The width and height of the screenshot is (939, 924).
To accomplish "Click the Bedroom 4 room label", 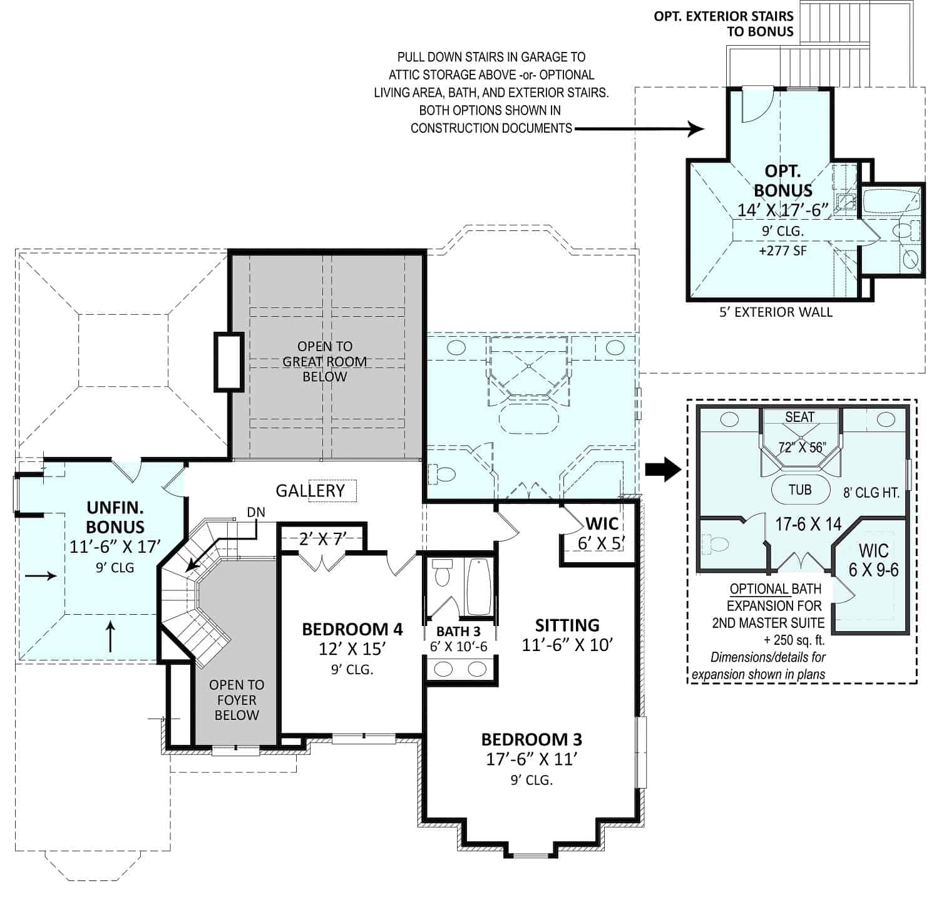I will coord(352,629).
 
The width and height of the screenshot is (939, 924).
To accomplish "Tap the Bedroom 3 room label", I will coord(531,739).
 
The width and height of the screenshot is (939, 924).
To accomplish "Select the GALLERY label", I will coord(310,491).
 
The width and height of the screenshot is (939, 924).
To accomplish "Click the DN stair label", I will coord(256,512).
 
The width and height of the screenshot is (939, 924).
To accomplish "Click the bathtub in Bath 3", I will coord(479,586).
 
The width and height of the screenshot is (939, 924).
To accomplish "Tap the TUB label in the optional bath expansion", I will coord(799,489).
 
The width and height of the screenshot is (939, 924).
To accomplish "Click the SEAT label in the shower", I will coord(799,417).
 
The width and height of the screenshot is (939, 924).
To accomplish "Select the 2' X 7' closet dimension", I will coord(323,538).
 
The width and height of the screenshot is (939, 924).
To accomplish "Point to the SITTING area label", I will coord(567,625).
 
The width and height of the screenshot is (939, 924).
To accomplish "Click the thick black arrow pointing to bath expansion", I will coord(663,468).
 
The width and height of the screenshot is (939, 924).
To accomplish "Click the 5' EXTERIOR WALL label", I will coord(776,312).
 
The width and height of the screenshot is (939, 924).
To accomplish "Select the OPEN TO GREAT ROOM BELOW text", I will coord(324,361).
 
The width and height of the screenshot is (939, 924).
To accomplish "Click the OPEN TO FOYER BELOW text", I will coord(237,700).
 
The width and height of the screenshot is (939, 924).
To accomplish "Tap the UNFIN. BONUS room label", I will coord(115,516).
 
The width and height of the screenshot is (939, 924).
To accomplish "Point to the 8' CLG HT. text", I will coord(871,493).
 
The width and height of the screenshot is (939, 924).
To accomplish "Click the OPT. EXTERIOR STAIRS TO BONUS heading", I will coord(723,24).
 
